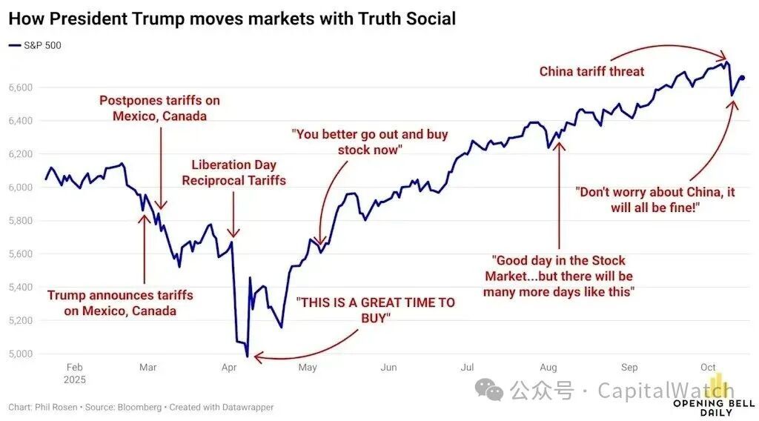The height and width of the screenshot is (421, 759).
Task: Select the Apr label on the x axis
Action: (x=229, y=367)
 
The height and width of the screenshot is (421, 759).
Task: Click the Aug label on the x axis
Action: (x=548, y=367)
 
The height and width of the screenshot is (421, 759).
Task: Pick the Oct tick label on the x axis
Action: (x=708, y=367)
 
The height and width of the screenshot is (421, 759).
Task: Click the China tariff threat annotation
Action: (x=591, y=72)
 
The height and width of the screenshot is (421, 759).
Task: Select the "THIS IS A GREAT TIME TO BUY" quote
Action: (x=375, y=310)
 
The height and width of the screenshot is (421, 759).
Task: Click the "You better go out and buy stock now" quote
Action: (x=369, y=142)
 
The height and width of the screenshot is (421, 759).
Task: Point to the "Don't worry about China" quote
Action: (x=656, y=199)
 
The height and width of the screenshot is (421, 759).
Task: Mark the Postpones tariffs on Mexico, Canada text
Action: (x=159, y=108)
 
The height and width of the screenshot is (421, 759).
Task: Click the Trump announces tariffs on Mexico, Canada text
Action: (x=120, y=302)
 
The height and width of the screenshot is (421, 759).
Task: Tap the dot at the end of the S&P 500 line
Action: (x=743, y=78)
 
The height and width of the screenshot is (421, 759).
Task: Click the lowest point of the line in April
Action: (x=247, y=357)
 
